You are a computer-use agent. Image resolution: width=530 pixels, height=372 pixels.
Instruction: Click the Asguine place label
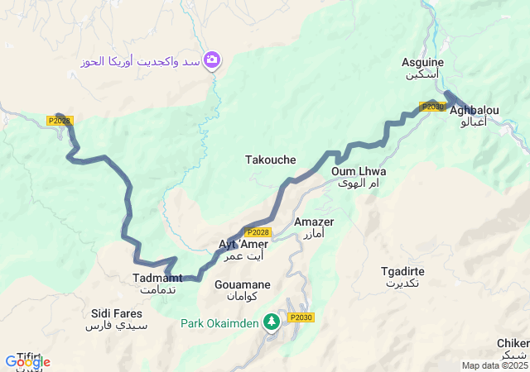coord(422,63)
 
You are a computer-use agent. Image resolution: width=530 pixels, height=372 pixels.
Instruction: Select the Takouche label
coord(270,160)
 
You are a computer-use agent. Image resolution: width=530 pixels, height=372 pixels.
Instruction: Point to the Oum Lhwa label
coord(359,172)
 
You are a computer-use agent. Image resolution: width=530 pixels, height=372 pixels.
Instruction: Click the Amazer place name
coord(315,222)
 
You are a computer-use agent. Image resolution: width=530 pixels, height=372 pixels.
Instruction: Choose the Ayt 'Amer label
coord(243,245)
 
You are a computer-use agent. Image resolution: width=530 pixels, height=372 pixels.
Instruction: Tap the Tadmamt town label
coord(157,278)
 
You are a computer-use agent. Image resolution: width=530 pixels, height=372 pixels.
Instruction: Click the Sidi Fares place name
coord(116,314)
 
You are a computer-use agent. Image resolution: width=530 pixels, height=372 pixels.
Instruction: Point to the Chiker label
coord(513,344)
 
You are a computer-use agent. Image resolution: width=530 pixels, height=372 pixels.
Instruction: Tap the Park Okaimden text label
coord(220,322)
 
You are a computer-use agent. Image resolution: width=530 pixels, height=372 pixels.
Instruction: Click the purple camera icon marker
coord(212,60)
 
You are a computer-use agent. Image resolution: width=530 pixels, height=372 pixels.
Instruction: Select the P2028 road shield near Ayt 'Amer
coord(258,232)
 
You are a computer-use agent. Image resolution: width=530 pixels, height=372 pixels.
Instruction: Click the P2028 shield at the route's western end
coord(59,121)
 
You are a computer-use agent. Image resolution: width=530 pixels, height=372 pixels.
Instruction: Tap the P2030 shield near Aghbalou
coord(432,107)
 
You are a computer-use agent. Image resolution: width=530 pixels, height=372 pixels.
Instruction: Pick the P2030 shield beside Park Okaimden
coord(301,317)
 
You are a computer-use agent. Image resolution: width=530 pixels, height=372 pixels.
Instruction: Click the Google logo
coord(27,361)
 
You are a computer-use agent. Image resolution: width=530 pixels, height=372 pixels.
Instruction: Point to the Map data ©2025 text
coord(494,365)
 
